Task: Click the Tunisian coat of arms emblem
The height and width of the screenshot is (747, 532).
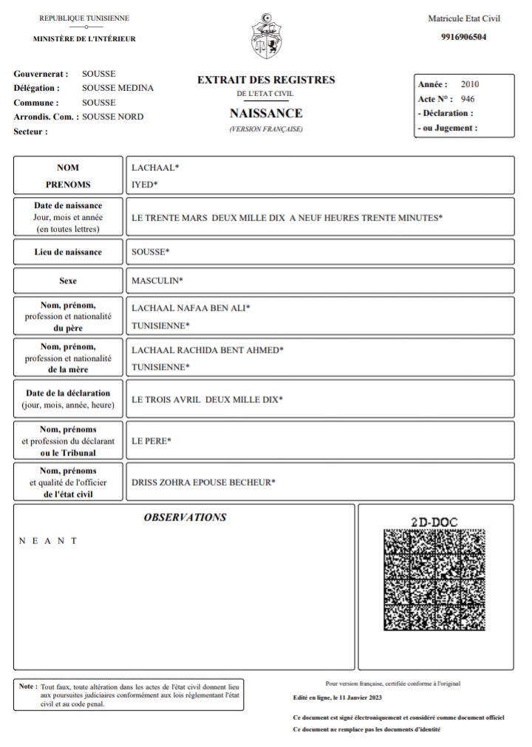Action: [x=267, y=36]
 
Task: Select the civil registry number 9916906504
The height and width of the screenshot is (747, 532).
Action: [x=464, y=37]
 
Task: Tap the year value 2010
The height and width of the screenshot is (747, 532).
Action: [x=470, y=84]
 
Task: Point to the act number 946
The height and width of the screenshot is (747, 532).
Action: [x=467, y=98]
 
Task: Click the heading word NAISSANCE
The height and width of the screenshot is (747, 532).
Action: [x=266, y=114]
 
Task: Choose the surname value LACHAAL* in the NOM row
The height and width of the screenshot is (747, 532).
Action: [x=155, y=168]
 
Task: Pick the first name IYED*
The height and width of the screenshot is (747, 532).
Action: [x=144, y=185]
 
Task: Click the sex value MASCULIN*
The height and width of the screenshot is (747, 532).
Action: [x=157, y=280]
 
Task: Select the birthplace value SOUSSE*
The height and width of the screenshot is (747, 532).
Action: [x=150, y=252]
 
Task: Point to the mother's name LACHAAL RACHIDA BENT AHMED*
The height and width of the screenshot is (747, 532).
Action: [x=207, y=349]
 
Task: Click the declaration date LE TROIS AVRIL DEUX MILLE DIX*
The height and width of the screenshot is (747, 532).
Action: [x=207, y=399]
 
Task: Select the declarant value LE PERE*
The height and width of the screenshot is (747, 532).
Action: [x=151, y=441]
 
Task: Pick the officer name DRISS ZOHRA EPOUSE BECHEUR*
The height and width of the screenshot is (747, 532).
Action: [x=203, y=483]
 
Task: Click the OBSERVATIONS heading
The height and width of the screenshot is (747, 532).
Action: [x=185, y=517]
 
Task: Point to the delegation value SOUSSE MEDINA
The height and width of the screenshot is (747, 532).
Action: [x=117, y=88]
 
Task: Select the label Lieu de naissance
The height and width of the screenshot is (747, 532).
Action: [x=68, y=252]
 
